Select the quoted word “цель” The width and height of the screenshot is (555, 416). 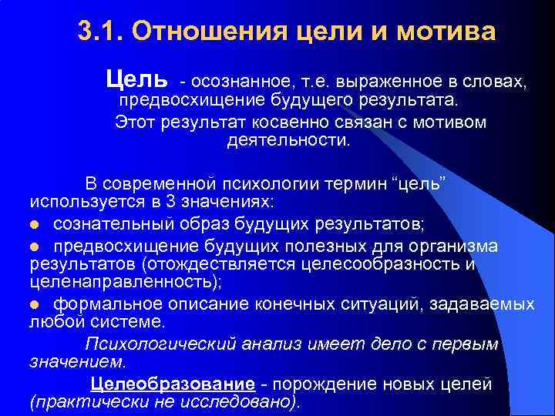click(x=419, y=183)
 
